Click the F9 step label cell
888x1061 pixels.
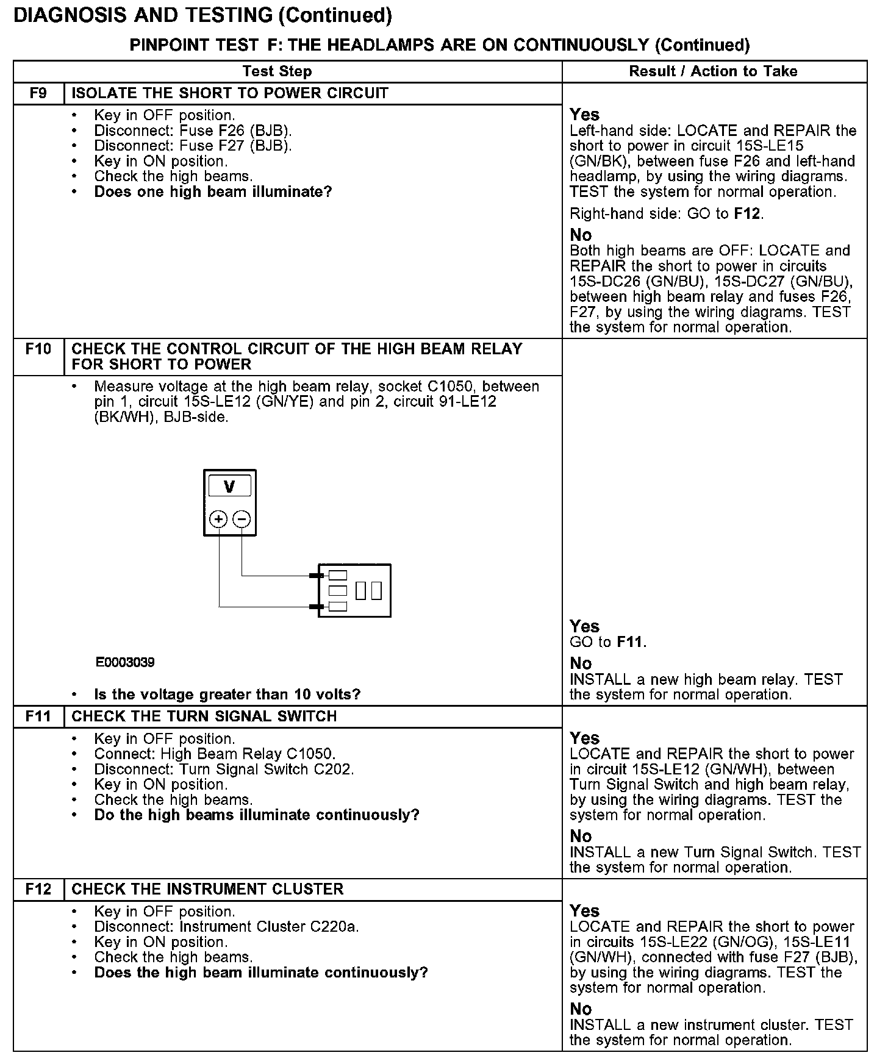click(38, 93)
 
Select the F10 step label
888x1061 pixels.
click(38, 349)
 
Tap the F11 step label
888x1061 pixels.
click(38, 716)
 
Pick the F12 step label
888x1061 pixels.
click(38, 889)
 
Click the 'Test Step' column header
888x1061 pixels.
click(277, 71)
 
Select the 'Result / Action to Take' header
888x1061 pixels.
click(713, 71)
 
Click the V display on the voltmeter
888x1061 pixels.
click(229, 487)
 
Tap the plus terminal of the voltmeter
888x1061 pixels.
click(218, 519)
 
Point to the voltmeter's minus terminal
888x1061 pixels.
click(242, 519)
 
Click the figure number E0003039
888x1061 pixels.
click(125, 662)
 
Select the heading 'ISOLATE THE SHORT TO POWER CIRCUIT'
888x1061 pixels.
click(230, 93)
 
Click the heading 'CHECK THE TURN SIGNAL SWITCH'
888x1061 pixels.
click(204, 716)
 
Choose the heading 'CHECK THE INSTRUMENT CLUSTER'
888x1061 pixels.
click(207, 889)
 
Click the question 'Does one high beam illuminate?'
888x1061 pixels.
click(213, 192)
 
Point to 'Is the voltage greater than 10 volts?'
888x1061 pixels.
click(227, 695)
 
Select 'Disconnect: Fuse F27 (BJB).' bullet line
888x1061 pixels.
click(193, 146)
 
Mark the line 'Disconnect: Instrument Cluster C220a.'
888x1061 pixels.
click(226, 927)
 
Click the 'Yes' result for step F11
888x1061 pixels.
click(585, 738)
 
